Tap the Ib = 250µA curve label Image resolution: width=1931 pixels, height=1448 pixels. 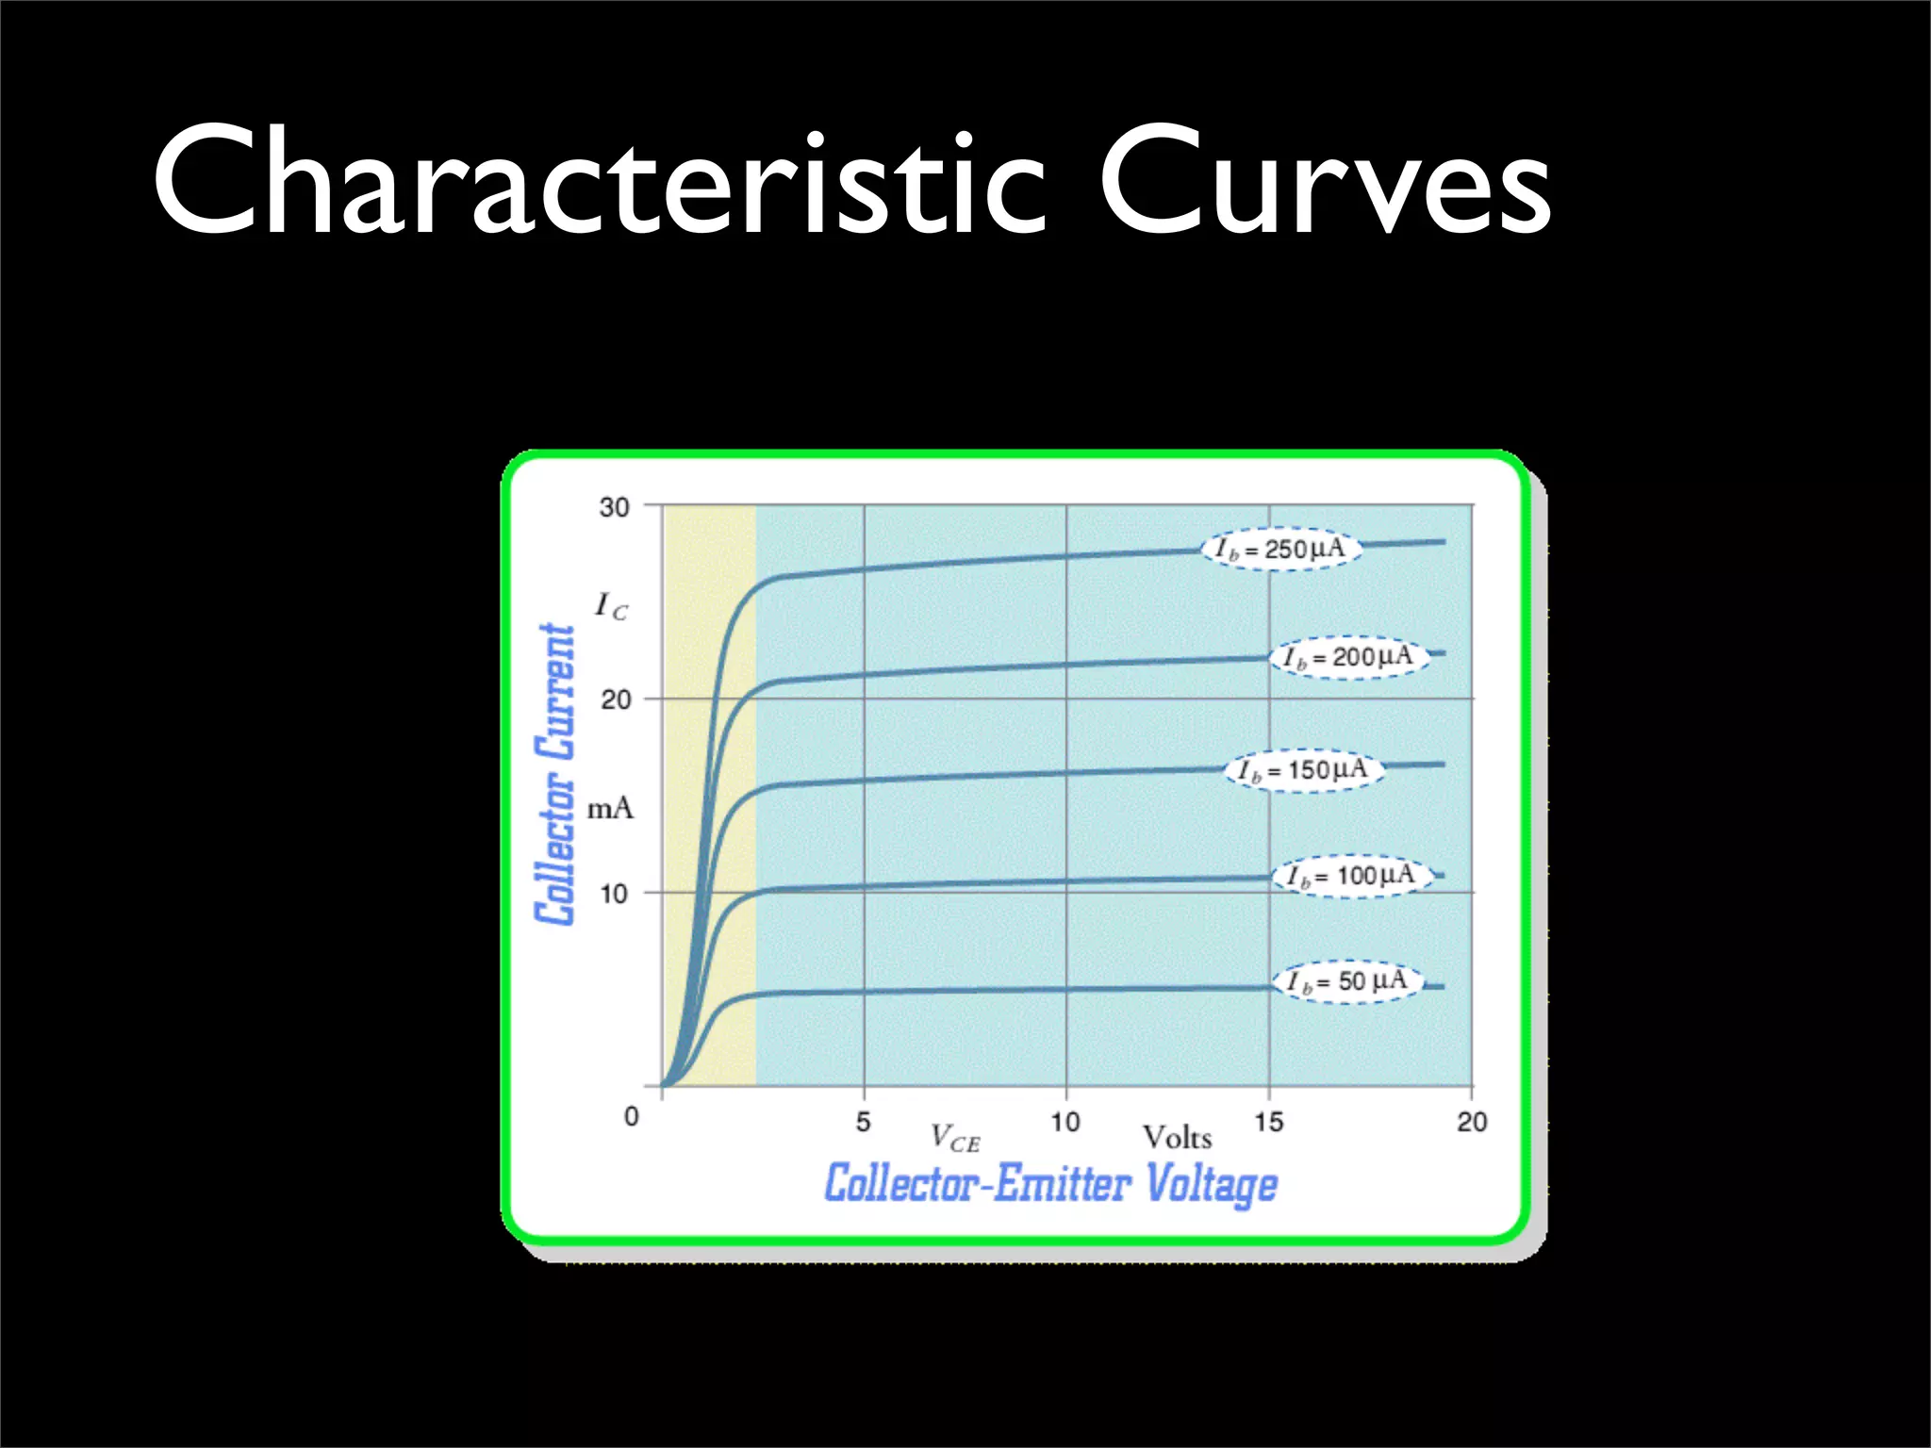pyautogui.click(x=1280, y=549)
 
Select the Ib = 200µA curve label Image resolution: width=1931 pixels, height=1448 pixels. pyautogui.click(x=1349, y=657)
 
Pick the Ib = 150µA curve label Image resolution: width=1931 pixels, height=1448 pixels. pyautogui.click(x=1304, y=770)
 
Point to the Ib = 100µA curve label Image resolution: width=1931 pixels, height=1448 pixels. pyautogui.click(x=1352, y=876)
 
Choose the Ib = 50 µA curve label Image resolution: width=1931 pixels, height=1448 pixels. pyautogui.click(x=1347, y=981)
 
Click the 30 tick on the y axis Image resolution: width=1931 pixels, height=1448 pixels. pyautogui.click(x=615, y=507)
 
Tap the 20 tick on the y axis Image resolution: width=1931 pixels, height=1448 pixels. pyautogui.click(x=616, y=699)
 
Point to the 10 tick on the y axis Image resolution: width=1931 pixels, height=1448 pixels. pyautogui.click(x=614, y=893)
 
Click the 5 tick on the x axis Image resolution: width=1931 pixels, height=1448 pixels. pyautogui.click(x=864, y=1122)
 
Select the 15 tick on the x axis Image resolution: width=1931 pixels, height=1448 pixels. pyautogui.click(x=1269, y=1122)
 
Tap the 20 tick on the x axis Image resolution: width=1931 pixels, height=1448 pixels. pyautogui.click(x=1472, y=1122)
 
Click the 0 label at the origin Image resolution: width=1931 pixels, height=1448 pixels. pyautogui.click(x=632, y=1117)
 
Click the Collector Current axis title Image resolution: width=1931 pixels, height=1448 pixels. pyautogui.click(x=555, y=774)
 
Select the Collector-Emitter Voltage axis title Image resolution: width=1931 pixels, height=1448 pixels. pyautogui.click(x=1051, y=1184)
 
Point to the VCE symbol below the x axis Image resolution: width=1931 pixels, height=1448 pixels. pyautogui.click(x=954, y=1139)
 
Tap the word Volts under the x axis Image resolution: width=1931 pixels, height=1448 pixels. pyautogui.click(x=1177, y=1138)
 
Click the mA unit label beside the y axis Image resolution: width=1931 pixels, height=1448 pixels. pyautogui.click(x=610, y=809)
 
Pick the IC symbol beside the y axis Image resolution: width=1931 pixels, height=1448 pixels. pyautogui.click(x=610, y=606)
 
